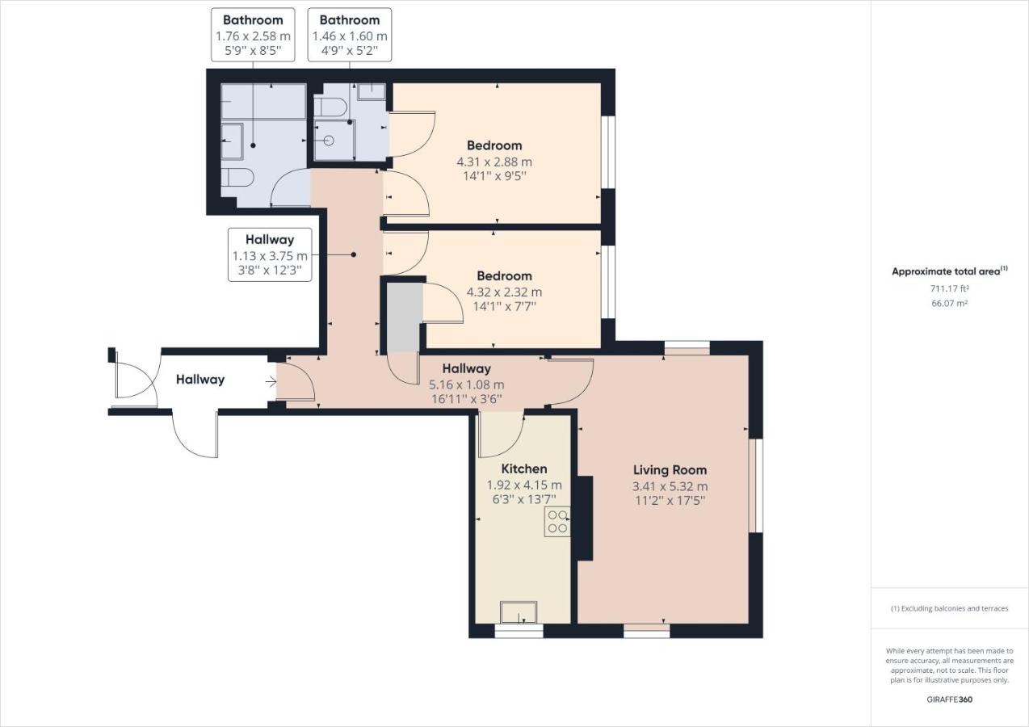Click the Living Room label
[x=670, y=469]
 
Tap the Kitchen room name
[x=523, y=469]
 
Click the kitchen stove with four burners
[x=557, y=522]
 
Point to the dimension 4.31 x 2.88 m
[x=494, y=162]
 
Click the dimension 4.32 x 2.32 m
[x=504, y=292]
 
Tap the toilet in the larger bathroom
[x=238, y=178]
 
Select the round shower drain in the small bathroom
[x=328, y=141]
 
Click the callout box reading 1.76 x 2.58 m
[x=253, y=36]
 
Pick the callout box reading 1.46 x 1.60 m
[x=350, y=36]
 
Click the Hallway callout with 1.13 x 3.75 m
[x=270, y=255]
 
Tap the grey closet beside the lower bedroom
[x=404, y=317]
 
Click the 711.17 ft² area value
[x=949, y=288]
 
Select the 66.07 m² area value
[x=949, y=304]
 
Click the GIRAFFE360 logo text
[x=949, y=700]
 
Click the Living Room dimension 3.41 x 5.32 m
[x=670, y=486]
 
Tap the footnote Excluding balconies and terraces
[x=949, y=608]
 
